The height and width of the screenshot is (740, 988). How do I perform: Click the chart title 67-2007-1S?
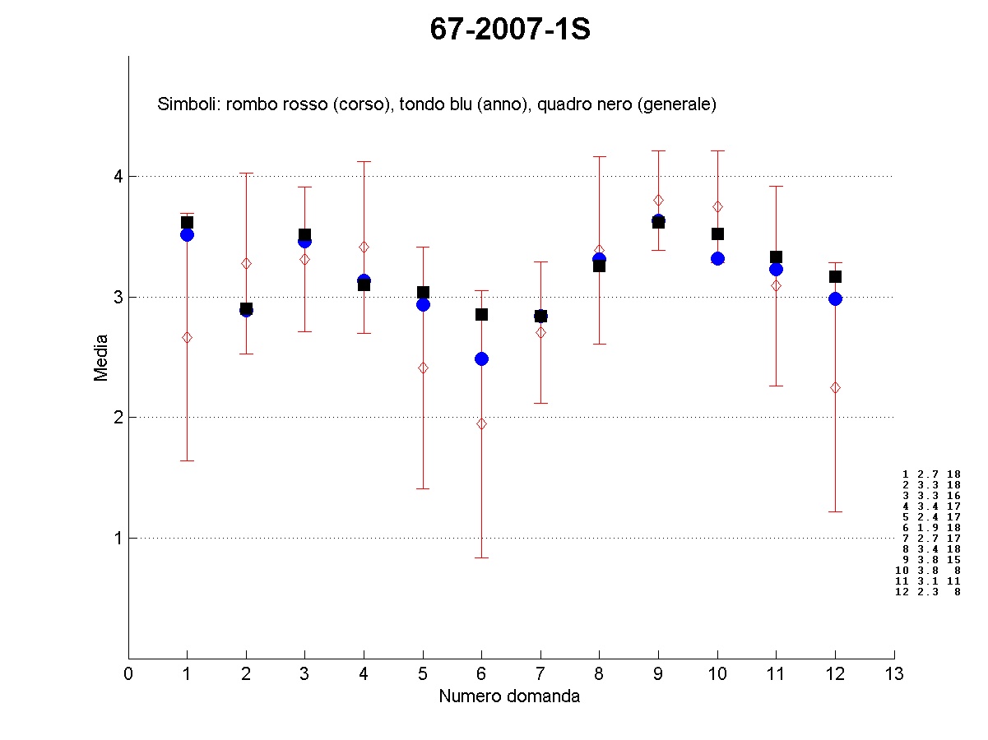click(510, 30)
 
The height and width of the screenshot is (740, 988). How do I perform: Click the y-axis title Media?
click(101, 357)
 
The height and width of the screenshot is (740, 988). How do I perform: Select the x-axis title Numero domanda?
click(509, 696)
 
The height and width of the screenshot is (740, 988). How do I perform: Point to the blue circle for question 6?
click(481, 358)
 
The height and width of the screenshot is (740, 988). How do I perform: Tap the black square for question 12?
click(835, 276)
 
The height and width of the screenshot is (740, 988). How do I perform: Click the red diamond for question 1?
click(187, 337)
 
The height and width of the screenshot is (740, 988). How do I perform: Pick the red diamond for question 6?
click(481, 423)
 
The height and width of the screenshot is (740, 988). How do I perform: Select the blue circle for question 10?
click(717, 258)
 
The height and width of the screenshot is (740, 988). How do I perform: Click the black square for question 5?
click(423, 292)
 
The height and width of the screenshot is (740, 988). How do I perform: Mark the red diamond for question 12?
click(835, 387)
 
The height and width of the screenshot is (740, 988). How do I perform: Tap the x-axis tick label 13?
click(894, 674)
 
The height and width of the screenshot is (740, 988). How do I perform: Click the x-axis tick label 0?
click(128, 674)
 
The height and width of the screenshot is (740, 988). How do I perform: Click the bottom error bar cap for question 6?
click(481, 557)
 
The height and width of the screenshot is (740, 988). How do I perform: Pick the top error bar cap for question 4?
click(364, 161)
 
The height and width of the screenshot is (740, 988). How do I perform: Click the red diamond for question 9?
click(658, 200)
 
